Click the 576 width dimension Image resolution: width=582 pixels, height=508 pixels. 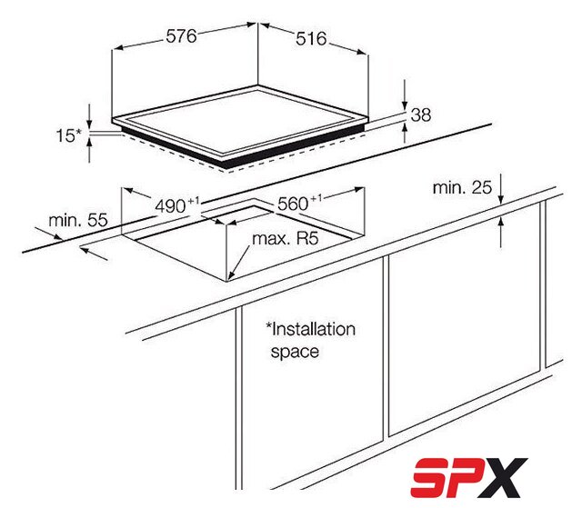[181, 36]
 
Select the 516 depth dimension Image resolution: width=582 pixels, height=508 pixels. [311, 39]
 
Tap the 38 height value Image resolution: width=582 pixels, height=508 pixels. [421, 115]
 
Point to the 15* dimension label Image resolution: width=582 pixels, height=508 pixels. [68, 135]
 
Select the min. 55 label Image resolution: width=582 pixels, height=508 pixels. [78, 220]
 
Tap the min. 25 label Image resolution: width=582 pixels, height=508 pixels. [462, 187]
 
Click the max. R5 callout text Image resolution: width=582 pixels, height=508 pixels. [285, 239]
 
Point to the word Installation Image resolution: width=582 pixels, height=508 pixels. [311, 329]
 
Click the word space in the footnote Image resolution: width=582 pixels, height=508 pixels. [295, 352]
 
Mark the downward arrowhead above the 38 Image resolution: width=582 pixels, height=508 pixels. [405, 105]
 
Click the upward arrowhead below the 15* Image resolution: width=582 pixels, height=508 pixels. [89, 143]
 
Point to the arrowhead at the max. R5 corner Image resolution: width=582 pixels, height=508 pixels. [230, 274]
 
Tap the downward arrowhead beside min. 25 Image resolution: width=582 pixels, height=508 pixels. [501, 198]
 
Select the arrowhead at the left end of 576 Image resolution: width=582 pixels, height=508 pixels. [117, 48]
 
